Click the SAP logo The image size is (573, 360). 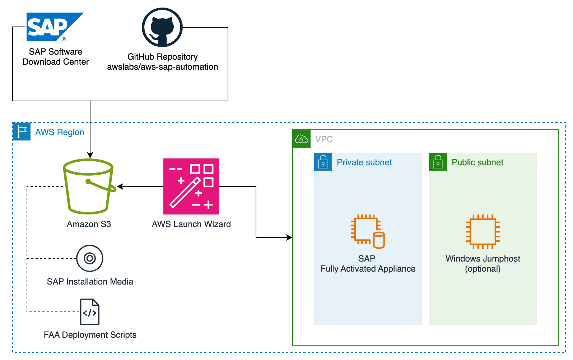coord(55,27)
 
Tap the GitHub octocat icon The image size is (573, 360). coord(162,27)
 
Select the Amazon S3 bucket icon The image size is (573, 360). coord(89,186)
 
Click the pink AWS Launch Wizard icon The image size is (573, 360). coord(191,186)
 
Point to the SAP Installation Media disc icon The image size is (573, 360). coord(90,258)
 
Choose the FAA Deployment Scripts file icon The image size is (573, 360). coord(90,312)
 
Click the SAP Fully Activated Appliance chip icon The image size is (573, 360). coord(368,232)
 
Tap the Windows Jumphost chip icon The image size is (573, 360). coord(483,232)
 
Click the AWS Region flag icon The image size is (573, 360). coord(22,131)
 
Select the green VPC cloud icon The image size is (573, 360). coord(302,139)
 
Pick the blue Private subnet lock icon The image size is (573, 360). coord(323,162)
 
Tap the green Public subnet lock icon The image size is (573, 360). coord(438,162)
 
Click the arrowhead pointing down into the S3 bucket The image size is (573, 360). coord(90,155)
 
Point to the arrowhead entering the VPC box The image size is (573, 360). coord(289,237)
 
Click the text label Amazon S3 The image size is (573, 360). coord(89,224)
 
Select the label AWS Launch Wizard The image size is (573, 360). coord(191,224)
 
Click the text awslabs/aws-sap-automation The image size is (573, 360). coord(163,67)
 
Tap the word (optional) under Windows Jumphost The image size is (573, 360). coord(483,269)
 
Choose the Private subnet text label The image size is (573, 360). coord(364,162)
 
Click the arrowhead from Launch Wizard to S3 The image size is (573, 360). coord(120,186)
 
